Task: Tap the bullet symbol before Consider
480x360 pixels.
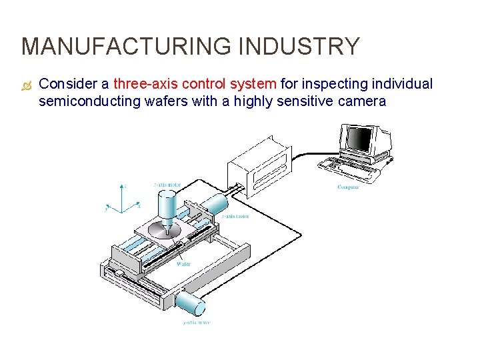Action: [26, 85]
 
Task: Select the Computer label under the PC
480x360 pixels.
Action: [348, 187]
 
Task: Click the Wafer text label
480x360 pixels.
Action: [183, 265]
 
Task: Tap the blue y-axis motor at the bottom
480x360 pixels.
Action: [191, 303]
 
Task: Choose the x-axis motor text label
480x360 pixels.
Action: [234, 217]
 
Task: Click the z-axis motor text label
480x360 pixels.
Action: [167, 184]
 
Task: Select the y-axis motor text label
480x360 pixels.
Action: [196, 323]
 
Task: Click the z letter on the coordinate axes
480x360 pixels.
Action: [126, 185]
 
